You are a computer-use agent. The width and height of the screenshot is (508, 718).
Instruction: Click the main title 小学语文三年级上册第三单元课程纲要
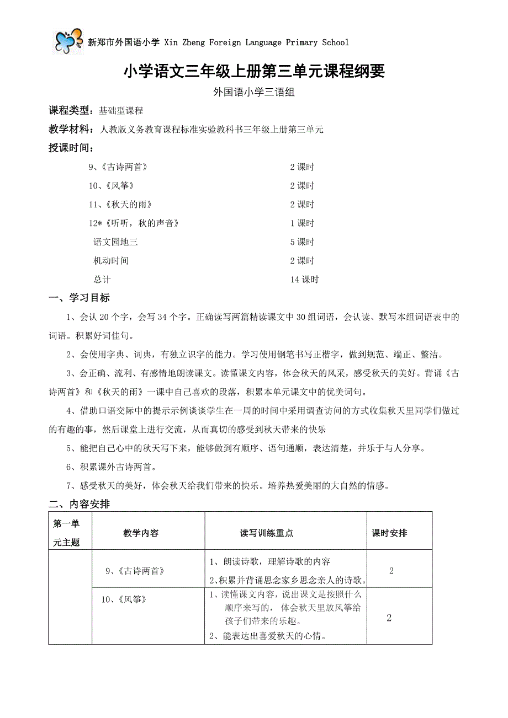tap(253, 71)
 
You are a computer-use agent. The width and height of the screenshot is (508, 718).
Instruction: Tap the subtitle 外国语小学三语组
tap(253, 93)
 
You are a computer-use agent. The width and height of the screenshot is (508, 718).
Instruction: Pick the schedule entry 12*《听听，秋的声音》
tap(134, 223)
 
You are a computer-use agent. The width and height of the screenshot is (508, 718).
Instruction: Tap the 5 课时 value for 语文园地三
tap(302, 242)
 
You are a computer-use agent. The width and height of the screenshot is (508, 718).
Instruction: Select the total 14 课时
tap(304, 280)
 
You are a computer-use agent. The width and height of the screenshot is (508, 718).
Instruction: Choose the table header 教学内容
tap(141, 533)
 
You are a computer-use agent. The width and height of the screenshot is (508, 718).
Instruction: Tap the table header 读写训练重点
tap(267, 533)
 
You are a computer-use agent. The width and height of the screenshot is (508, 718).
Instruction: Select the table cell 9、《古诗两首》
tap(135, 571)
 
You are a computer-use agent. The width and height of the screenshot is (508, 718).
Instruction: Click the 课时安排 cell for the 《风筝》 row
tap(389, 618)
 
